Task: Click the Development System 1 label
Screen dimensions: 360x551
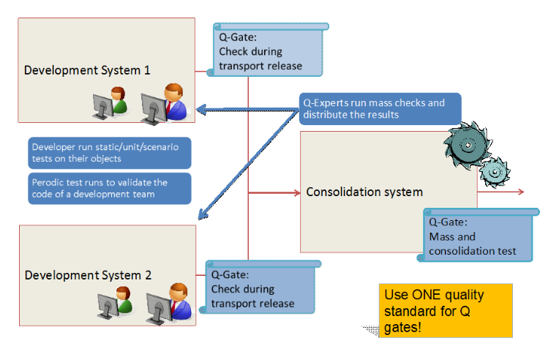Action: point(87,70)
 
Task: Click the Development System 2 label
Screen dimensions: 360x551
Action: point(88,275)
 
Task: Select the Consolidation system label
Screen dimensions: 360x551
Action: point(364,192)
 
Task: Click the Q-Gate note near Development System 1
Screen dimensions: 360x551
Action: point(269,50)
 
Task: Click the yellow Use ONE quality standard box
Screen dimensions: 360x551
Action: point(445,310)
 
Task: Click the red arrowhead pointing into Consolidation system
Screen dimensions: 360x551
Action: point(297,193)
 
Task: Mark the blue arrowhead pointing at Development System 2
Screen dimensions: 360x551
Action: point(201,217)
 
